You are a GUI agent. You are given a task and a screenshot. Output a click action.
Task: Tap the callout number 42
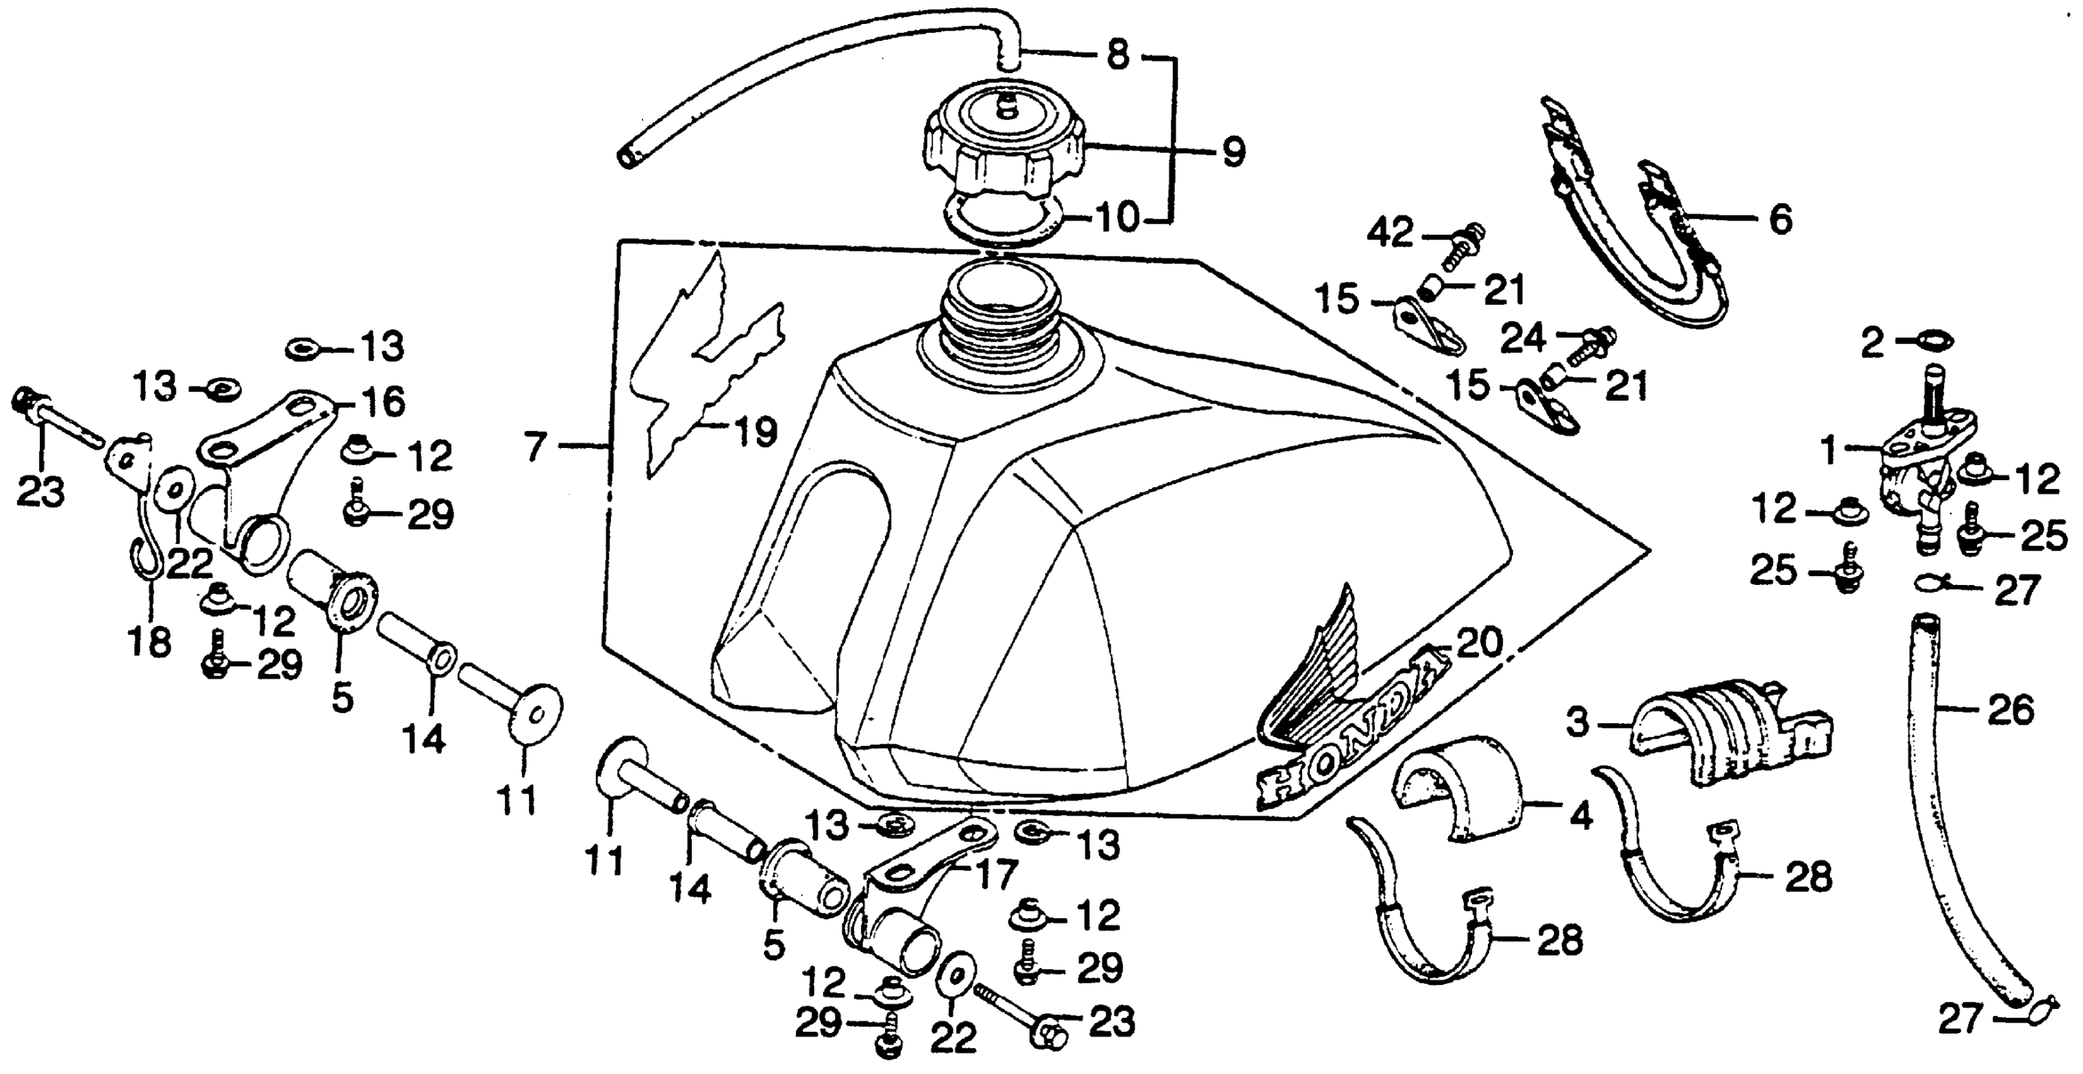pyautogui.click(x=1389, y=234)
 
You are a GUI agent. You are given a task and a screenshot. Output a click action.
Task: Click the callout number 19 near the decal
pyautogui.click(x=754, y=433)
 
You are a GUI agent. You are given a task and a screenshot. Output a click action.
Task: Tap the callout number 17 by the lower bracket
pyautogui.click(x=994, y=875)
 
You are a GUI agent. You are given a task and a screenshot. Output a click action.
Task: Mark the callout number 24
pyautogui.click(x=1523, y=338)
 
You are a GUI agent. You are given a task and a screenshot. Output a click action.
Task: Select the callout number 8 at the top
pyautogui.click(x=1117, y=57)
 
